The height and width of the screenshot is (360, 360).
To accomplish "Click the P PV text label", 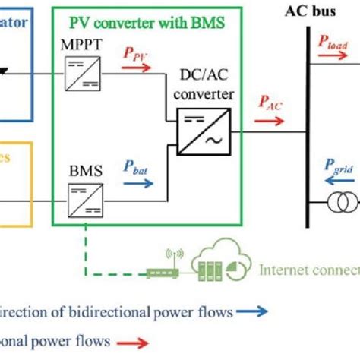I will (x=137, y=54).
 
